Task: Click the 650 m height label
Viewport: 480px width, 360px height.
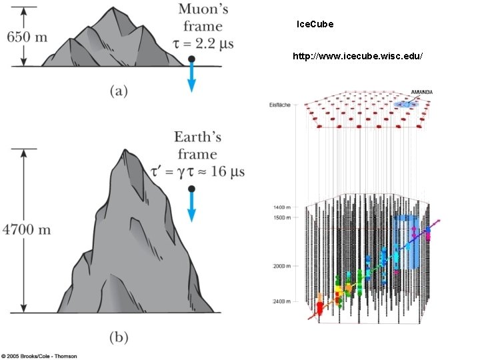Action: (x=27, y=37)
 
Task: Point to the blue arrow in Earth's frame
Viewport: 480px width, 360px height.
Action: (x=191, y=210)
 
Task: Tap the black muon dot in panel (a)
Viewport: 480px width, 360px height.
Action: (x=191, y=59)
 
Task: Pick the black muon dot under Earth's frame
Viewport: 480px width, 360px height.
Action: (x=191, y=189)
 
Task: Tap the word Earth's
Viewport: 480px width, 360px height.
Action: (x=197, y=137)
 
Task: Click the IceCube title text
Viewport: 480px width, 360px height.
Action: (x=315, y=24)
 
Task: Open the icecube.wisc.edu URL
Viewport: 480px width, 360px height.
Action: (x=357, y=57)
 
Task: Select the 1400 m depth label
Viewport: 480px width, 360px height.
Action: (x=280, y=207)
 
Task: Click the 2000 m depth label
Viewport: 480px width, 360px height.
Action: (x=280, y=266)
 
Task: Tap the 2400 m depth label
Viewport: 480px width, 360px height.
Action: (x=280, y=301)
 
